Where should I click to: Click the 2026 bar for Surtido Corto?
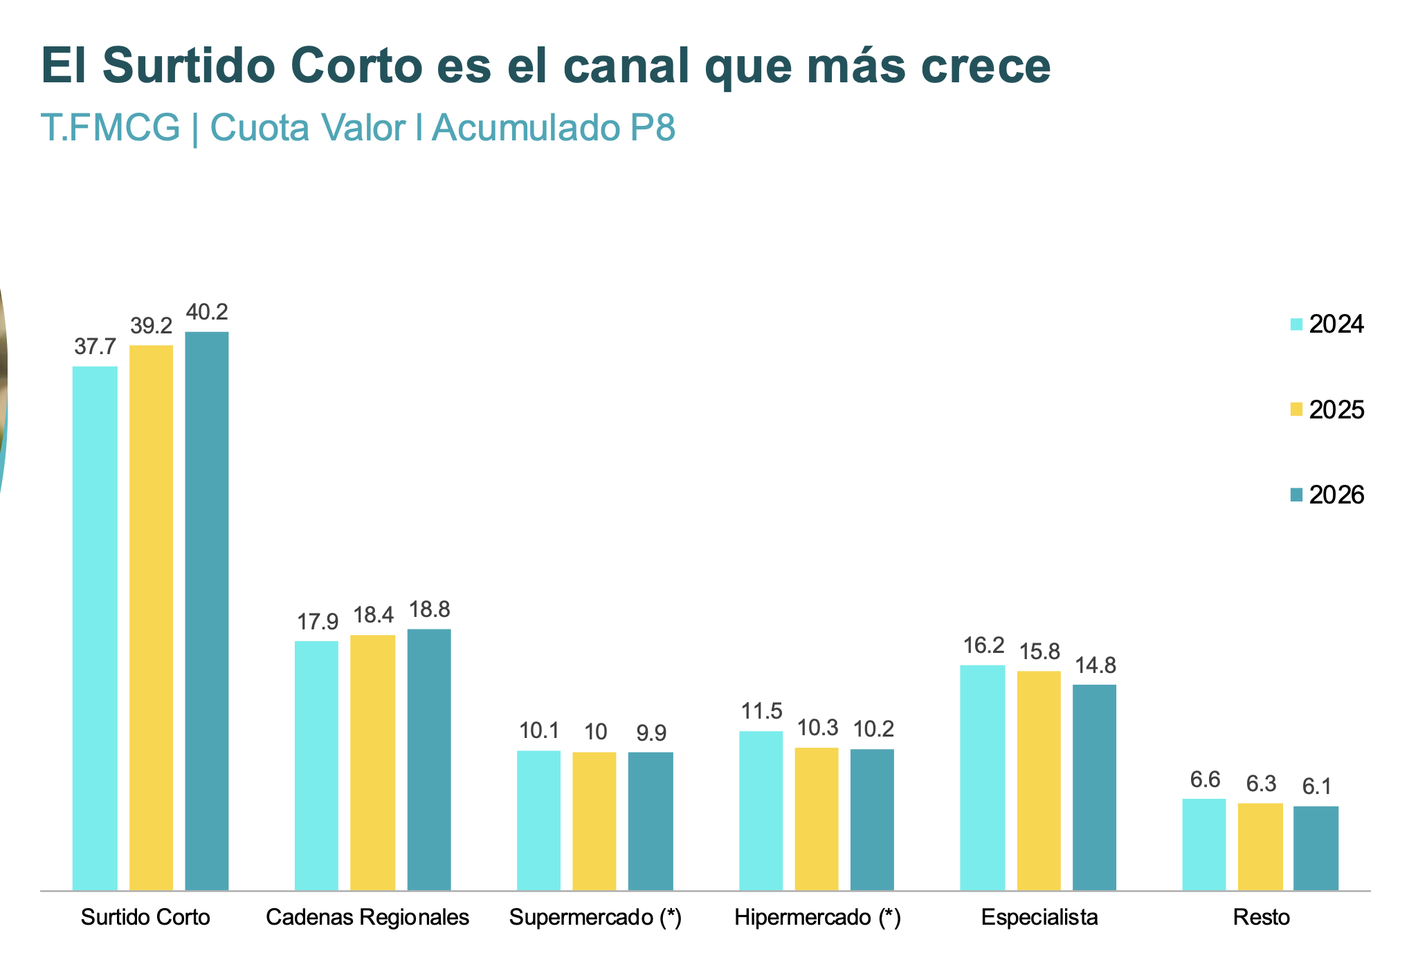click(x=207, y=611)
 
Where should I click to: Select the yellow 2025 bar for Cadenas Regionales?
click(x=373, y=762)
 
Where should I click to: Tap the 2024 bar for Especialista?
click(x=983, y=777)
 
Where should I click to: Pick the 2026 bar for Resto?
click(x=1316, y=848)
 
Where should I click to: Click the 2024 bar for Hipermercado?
click(x=761, y=811)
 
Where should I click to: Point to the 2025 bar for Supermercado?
click(x=594, y=821)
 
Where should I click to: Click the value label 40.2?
click(x=207, y=312)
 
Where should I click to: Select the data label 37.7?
click(x=95, y=347)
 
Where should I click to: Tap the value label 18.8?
click(x=429, y=609)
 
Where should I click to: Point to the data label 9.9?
click(x=651, y=732)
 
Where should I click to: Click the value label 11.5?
click(x=761, y=711)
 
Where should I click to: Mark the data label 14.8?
click(x=1095, y=665)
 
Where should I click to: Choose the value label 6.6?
click(x=1205, y=779)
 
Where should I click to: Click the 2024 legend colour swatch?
click(x=1296, y=324)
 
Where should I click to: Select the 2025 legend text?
click(x=1336, y=410)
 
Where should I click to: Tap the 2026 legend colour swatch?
click(x=1296, y=495)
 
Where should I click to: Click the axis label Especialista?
click(x=1039, y=917)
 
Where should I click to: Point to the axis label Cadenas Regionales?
click(x=367, y=917)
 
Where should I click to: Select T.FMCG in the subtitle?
click(x=111, y=127)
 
